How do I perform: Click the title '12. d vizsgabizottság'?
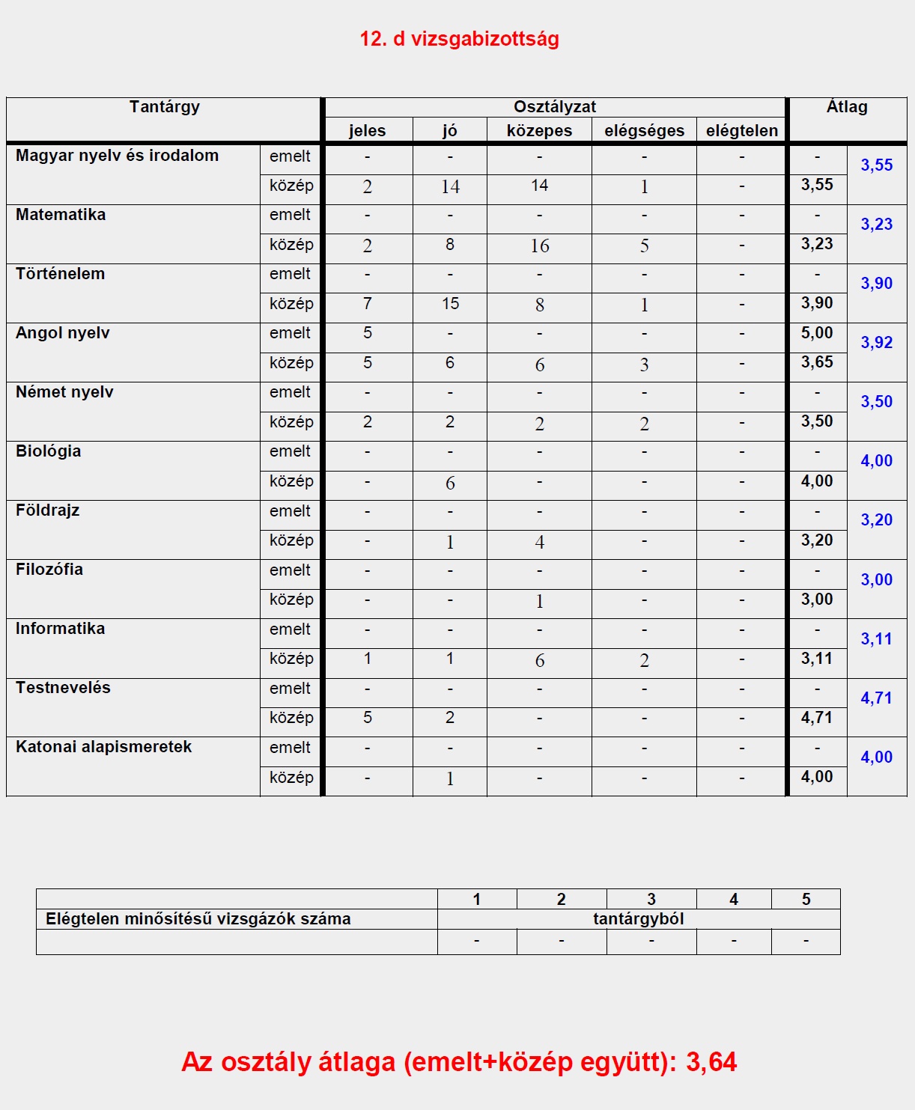tap(459, 39)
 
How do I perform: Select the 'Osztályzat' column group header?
tap(555, 107)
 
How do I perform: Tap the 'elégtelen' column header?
tap(741, 131)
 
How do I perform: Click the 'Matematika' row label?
tap(61, 215)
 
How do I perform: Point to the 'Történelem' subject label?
tap(60, 274)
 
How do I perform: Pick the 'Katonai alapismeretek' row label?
tap(103, 747)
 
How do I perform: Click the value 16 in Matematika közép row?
tap(539, 246)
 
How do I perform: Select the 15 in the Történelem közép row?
tap(450, 304)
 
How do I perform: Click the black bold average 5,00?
tap(817, 333)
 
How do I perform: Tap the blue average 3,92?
tap(876, 343)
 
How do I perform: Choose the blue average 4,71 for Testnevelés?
tap(876, 698)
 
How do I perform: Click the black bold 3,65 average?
tap(817, 362)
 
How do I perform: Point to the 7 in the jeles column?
tap(367, 304)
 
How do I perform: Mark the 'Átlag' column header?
tap(847, 107)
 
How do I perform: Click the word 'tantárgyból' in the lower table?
tap(638, 919)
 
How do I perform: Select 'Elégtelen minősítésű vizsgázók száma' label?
tap(198, 919)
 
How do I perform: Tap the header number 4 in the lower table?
tap(733, 900)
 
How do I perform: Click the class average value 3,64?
tap(711, 1062)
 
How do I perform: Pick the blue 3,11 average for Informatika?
tap(876, 639)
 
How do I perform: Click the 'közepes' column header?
tap(539, 131)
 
